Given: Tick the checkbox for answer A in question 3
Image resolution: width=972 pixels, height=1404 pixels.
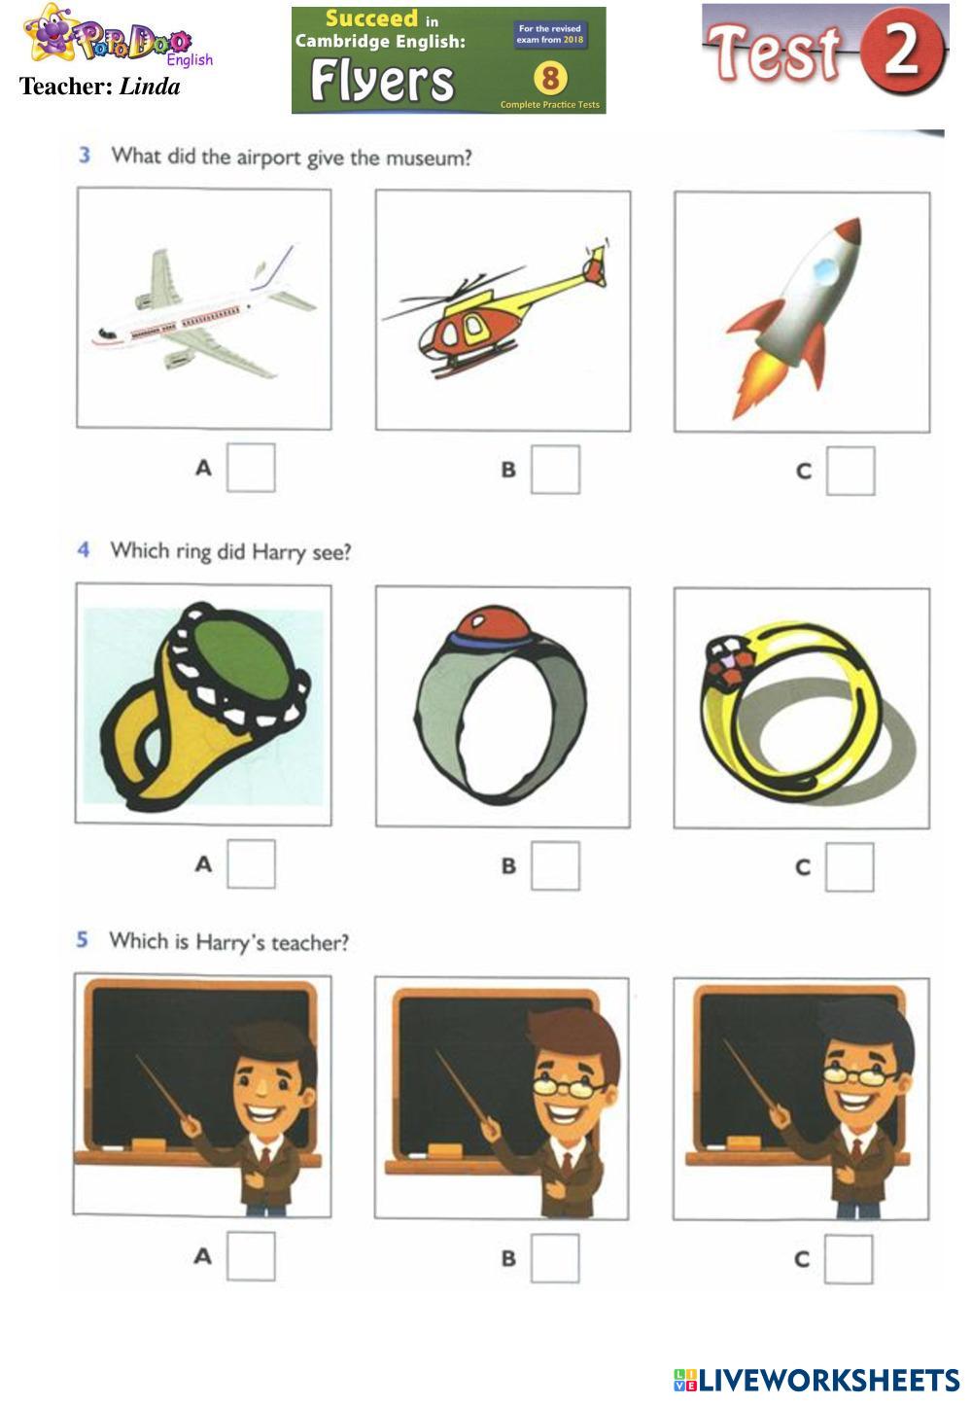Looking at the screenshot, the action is click(251, 468).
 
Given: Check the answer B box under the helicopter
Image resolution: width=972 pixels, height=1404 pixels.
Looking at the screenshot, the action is click(555, 470).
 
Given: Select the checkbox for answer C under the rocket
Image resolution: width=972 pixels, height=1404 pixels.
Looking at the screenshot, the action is click(850, 471).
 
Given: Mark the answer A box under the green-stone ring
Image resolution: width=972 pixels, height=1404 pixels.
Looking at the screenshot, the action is click(251, 864).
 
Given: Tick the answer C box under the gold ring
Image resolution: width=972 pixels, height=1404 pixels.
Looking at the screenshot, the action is click(850, 867).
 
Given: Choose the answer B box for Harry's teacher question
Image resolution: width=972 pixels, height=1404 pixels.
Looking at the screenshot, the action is click(555, 1258).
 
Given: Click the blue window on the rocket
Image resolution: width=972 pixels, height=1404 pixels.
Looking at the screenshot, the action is click(825, 270).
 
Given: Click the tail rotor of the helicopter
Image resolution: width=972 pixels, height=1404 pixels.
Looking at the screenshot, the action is click(596, 263).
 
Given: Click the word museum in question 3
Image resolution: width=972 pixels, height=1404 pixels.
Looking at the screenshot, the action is click(429, 158).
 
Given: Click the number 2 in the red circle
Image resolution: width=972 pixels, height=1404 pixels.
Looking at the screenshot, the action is click(902, 51).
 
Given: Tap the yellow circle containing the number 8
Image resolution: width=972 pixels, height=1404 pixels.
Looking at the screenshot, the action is click(550, 78).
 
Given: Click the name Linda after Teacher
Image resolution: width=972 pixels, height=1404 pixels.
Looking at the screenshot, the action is click(150, 87).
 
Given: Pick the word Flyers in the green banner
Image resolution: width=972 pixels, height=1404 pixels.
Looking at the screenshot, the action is click(382, 81).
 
